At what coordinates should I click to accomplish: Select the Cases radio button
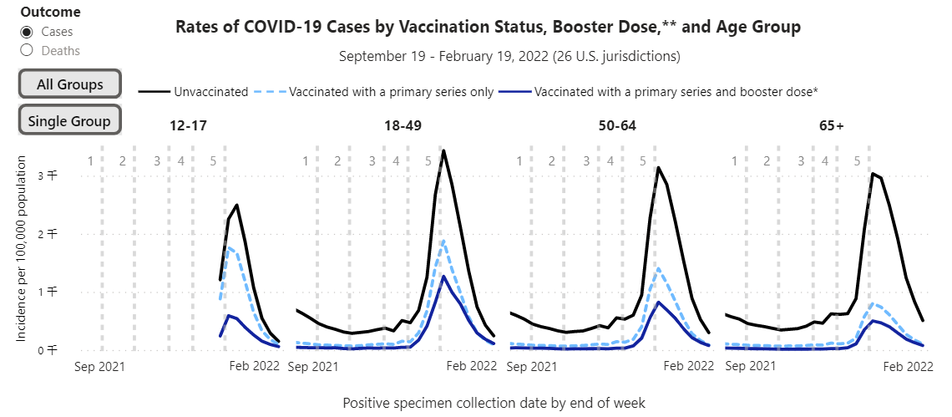(27, 32)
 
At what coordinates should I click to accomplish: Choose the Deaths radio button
(27, 50)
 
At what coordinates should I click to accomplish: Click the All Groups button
(70, 84)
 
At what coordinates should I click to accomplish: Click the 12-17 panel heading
(188, 126)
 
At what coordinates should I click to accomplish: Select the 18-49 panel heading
(402, 126)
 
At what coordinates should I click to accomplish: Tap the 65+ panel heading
(831, 126)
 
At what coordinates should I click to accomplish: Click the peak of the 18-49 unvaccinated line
(443, 151)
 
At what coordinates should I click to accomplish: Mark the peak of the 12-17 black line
(237, 205)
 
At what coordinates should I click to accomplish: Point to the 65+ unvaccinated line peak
(873, 173)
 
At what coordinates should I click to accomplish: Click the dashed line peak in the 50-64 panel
(659, 268)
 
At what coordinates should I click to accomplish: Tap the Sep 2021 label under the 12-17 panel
(99, 365)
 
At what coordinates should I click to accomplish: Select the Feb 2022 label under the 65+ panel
(908, 365)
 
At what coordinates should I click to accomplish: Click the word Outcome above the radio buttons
(50, 13)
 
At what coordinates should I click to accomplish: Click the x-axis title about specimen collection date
(494, 403)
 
